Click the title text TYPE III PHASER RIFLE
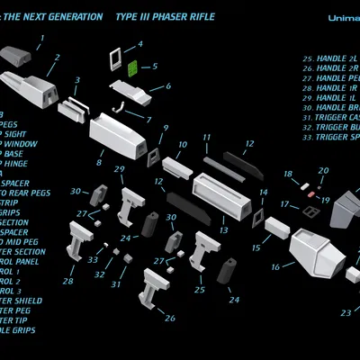tap(166, 17)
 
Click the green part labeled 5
tap(130, 67)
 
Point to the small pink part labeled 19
tap(310, 193)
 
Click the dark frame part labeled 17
tap(310, 211)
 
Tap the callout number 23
tap(345, 313)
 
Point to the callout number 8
tap(98, 165)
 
